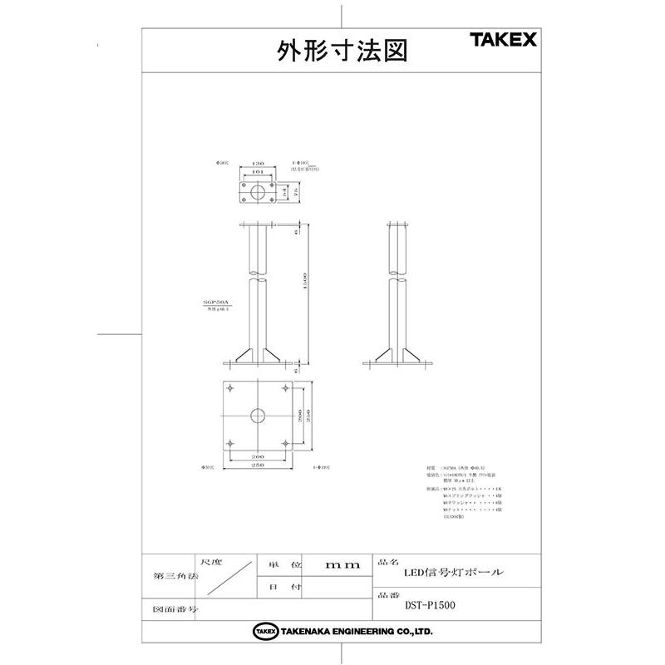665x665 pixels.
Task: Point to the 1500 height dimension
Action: click(x=306, y=283)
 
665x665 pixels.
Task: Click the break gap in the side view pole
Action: click(x=398, y=277)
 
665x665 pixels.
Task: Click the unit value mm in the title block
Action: click(x=342, y=564)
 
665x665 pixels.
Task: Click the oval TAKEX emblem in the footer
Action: click(x=265, y=633)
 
